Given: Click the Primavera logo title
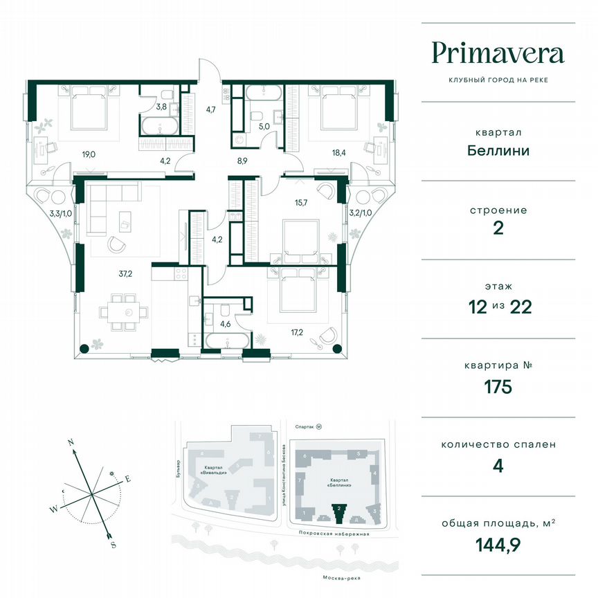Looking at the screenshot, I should (x=498, y=53).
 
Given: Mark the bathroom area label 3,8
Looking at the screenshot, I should (x=161, y=107).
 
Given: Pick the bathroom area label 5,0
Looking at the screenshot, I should (x=264, y=127).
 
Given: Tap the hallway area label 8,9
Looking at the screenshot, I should (x=242, y=159).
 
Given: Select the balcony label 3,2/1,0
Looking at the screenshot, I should (x=360, y=213).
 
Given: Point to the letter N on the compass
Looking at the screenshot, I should (x=71, y=442).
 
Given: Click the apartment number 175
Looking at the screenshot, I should (x=498, y=387).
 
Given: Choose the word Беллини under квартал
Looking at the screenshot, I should (x=498, y=150).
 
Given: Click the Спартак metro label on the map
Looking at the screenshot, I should (x=301, y=428).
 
